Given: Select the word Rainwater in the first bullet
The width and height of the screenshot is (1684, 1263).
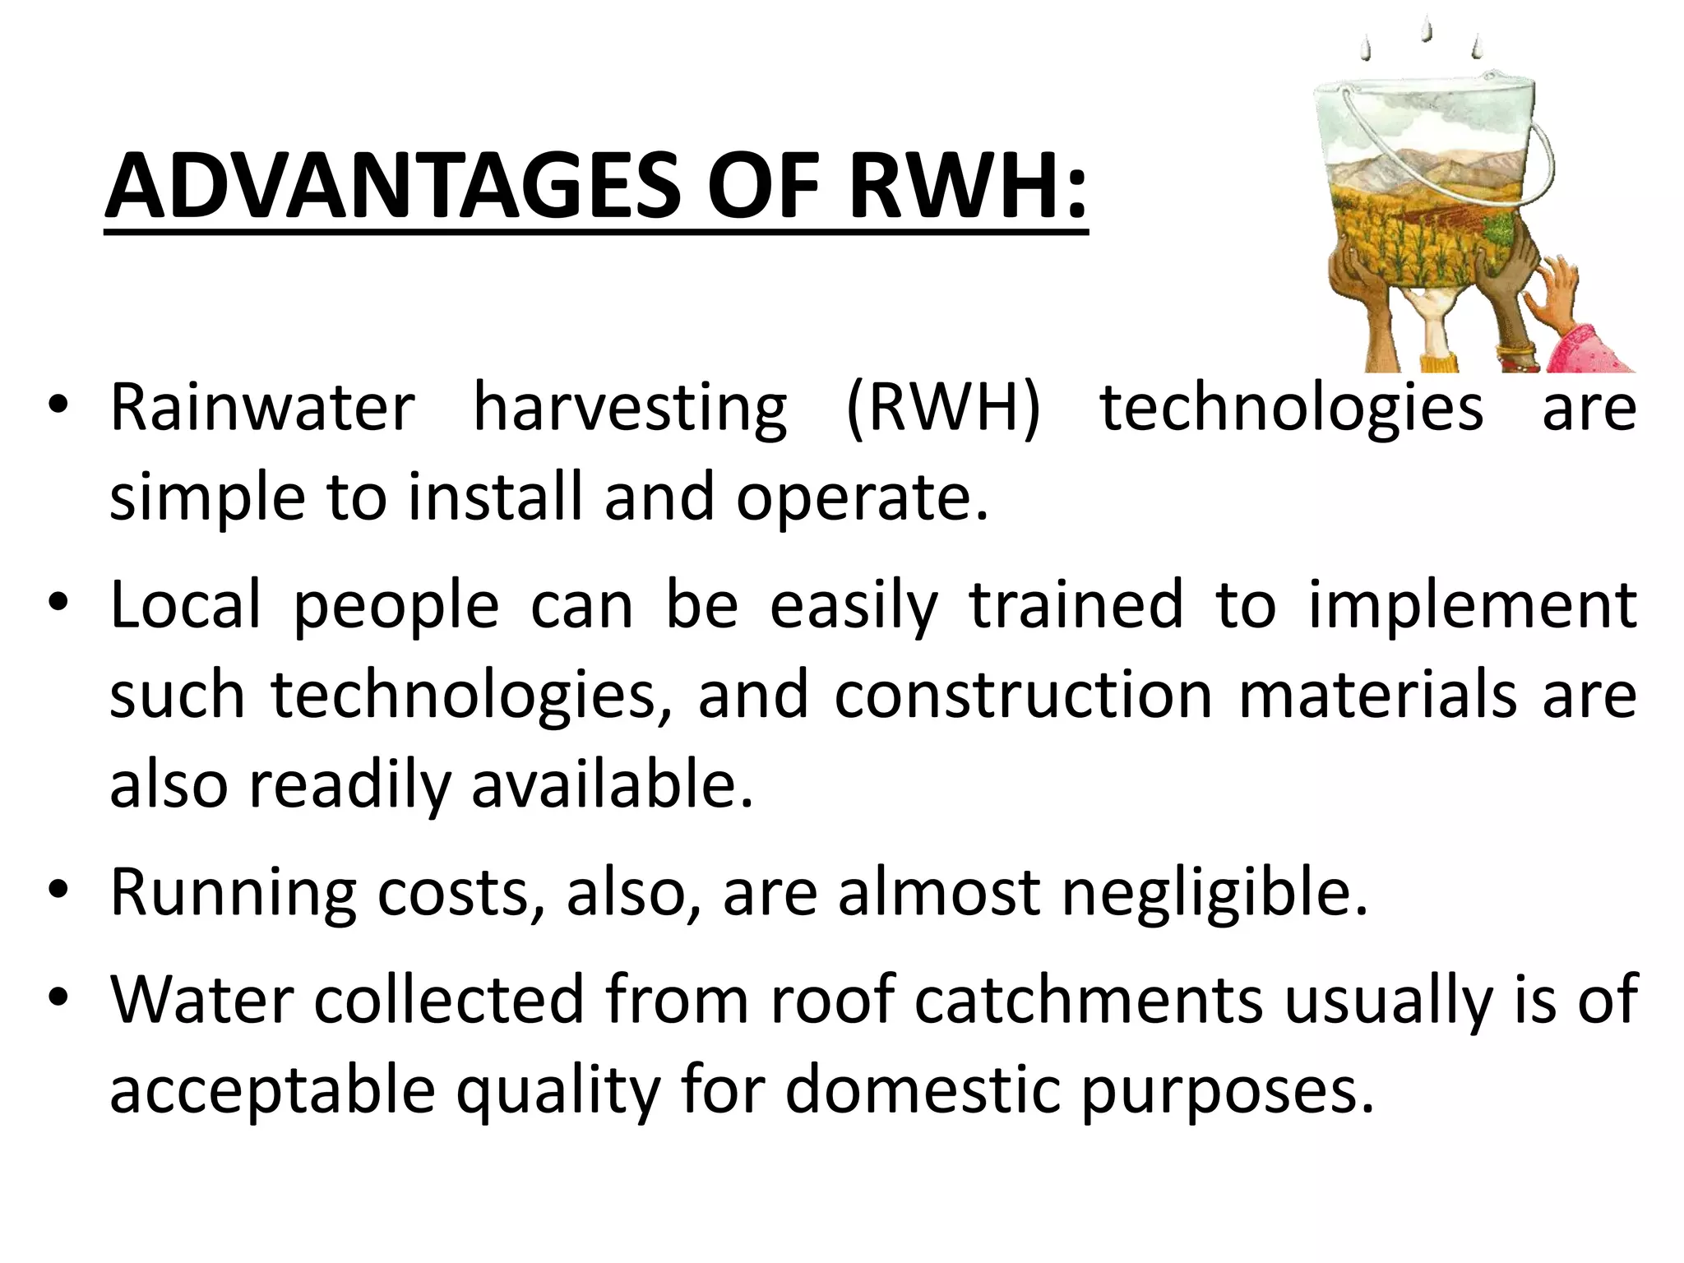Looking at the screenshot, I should (262, 408).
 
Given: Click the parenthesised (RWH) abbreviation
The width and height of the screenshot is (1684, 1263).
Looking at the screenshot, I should (943, 409).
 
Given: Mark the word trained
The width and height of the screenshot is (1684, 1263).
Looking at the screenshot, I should (1076, 604).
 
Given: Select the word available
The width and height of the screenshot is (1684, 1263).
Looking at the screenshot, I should (612, 785).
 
